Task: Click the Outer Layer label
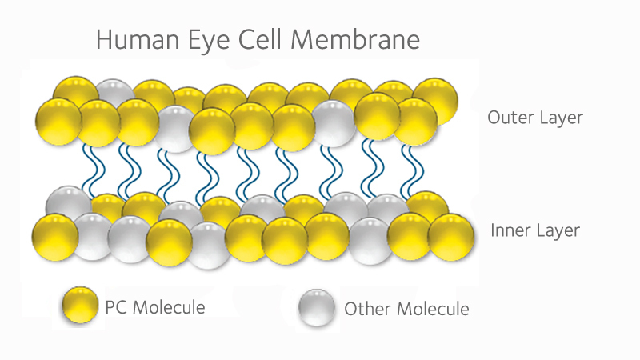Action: click(x=535, y=118)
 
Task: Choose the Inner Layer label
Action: click(x=534, y=232)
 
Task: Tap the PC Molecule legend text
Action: click(x=155, y=307)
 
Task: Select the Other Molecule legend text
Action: click(x=406, y=308)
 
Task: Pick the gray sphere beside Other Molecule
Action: click(x=318, y=307)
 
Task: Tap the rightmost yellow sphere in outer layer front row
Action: click(x=414, y=120)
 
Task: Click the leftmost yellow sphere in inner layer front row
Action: click(x=54, y=237)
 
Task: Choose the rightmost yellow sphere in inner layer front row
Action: click(x=450, y=236)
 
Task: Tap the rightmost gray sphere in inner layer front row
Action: click(x=372, y=239)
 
